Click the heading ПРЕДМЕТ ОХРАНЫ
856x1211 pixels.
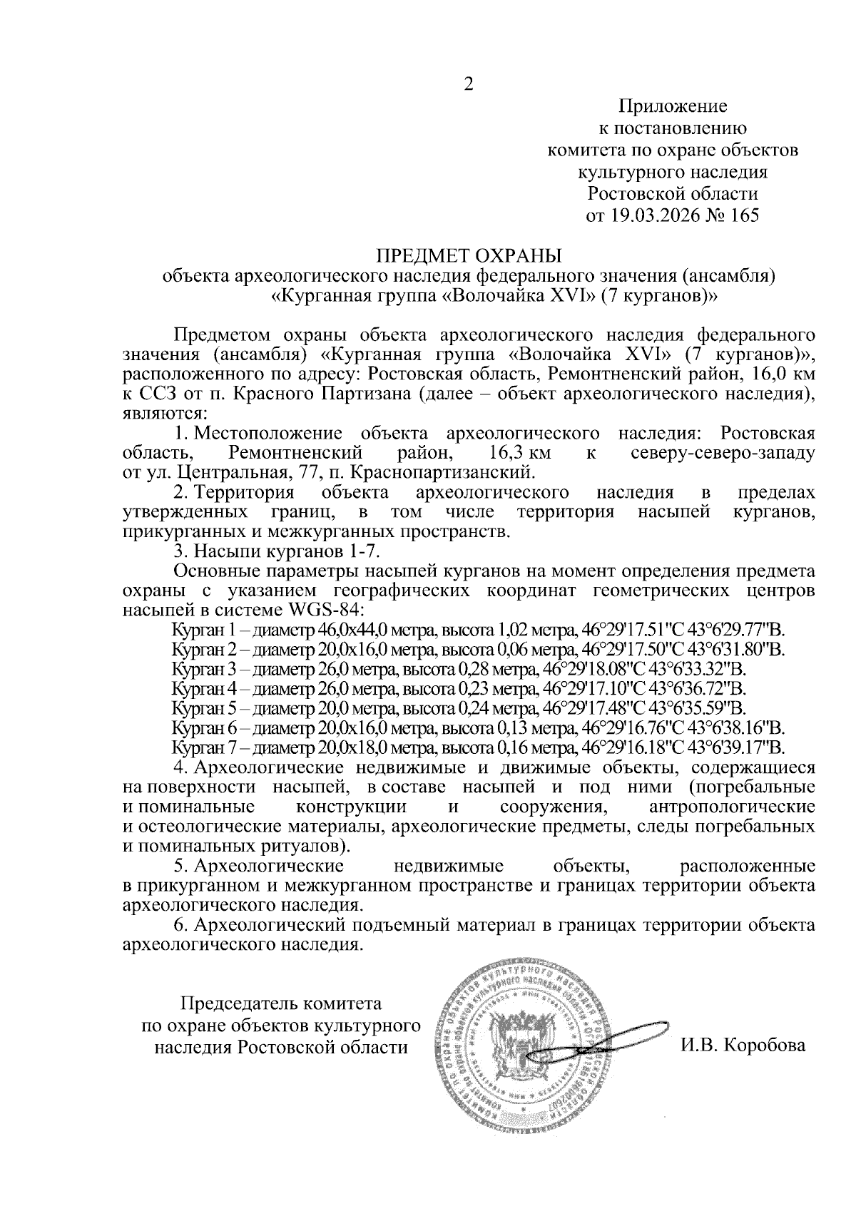[469, 255]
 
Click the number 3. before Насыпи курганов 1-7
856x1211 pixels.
[181, 552]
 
